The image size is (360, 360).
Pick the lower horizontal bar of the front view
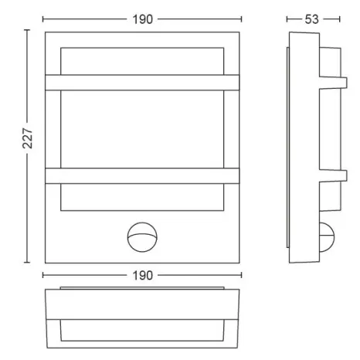142,175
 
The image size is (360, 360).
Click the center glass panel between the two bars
142,127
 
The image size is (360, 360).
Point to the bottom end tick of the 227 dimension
29,260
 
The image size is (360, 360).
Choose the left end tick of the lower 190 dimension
43,275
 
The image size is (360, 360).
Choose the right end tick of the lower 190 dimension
241,275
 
